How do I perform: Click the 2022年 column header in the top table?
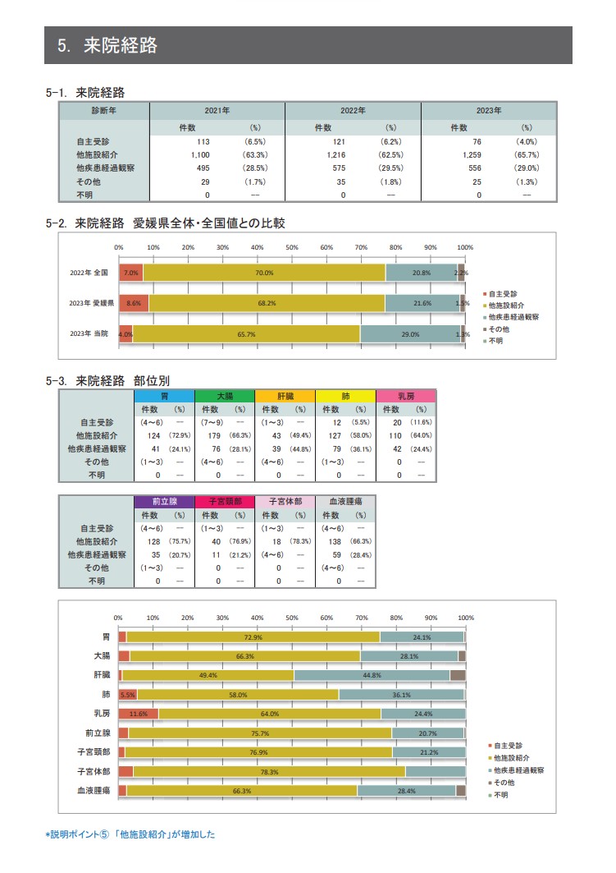click(x=353, y=110)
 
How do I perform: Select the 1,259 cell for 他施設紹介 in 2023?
click(x=477, y=154)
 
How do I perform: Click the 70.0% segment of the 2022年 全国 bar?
click(x=264, y=273)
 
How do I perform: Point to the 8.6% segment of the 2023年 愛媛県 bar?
click(x=134, y=303)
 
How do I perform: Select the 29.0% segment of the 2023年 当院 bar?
click(x=410, y=334)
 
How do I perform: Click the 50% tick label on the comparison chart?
click(x=292, y=247)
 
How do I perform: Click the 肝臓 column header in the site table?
click(x=285, y=396)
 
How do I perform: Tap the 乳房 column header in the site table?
click(x=405, y=396)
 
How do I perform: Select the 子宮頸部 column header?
click(x=225, y=501)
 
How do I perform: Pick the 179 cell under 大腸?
click(x=218, y=436)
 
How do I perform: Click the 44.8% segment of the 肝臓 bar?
click(x=372, y=675)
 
